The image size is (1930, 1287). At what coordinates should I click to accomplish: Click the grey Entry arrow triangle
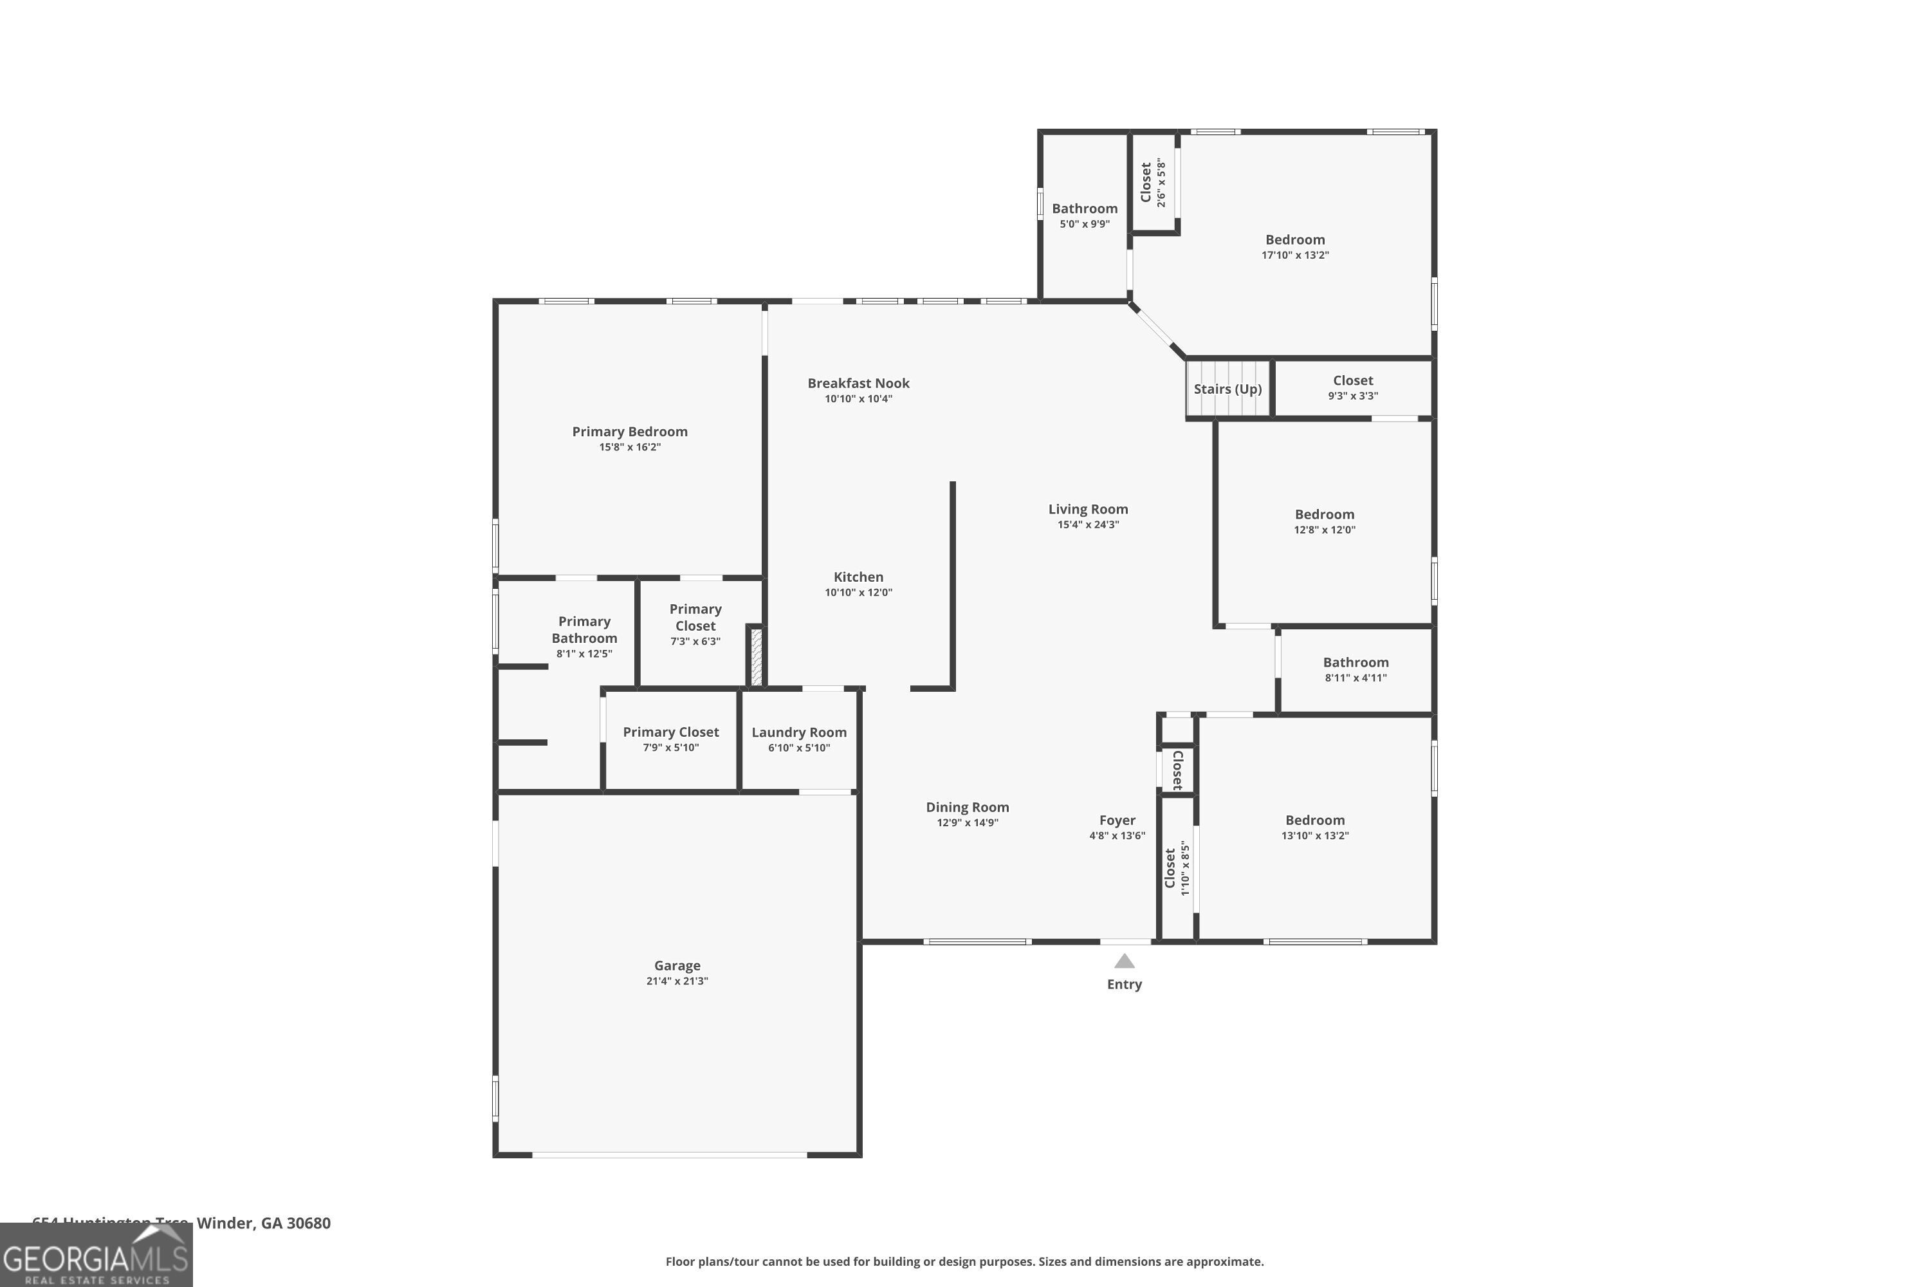click(x=1124, y=961)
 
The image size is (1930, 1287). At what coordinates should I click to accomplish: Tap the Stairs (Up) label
click(x=1227, y=389)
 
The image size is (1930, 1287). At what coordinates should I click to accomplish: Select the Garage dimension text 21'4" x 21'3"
click(x=677, y=981)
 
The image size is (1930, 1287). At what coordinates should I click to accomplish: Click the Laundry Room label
click(x=798, y=732)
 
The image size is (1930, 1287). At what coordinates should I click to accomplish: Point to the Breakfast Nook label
click(x=858, y=384)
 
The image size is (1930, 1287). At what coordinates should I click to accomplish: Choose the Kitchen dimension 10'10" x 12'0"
click(x=858, y=593)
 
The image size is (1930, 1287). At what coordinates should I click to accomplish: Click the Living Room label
click(x=1087, y=509)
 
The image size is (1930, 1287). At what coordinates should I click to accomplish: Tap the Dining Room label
click(x=968, y=808)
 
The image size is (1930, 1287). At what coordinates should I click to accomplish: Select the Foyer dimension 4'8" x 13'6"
click(x=1117, y=835)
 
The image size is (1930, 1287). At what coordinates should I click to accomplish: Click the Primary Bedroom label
click(x=629, y=432)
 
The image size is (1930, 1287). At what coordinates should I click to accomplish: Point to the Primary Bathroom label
click(x=584, y=629)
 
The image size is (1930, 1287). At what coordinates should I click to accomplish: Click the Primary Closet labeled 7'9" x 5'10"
click(x=670, y=732)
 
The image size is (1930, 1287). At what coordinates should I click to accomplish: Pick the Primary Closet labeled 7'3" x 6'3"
click(x=695, y=617)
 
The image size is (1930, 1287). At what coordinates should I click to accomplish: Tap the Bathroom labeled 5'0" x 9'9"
click(x=1084, y=208)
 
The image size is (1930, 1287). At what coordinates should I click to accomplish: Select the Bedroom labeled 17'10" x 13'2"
click(x=1295, y=239)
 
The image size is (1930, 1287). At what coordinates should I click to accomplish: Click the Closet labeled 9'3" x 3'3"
click(x=1352, y=381)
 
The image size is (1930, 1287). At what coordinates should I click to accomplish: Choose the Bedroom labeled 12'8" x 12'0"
click(x=1325, y=515)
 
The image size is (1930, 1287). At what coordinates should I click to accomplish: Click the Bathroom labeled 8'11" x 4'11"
click(x=1356, y=662)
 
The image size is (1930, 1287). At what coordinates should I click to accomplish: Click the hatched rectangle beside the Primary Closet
click(x=757, y=656)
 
